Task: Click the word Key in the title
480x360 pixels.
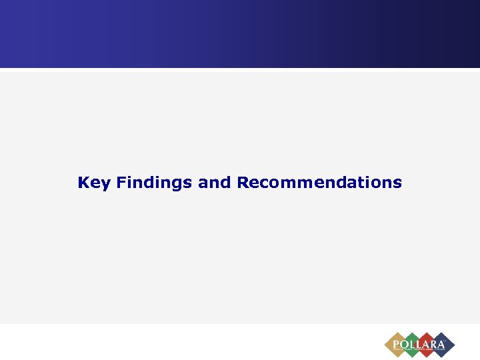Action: click(x=94, y=183)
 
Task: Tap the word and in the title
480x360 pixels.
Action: click(x=214, y=182)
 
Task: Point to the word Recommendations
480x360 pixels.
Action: click(x=319, y=182)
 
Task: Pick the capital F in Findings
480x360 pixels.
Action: click(x=121, y=182)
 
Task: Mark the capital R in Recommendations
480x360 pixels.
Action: click(x=243, y=182)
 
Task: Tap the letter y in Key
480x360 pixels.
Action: click(x=105, y=185)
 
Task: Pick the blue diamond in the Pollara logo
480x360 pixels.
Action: click(x=443, y=345)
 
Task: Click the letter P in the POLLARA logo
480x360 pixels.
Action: click(x=396, y=344)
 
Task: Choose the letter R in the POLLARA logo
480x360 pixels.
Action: click(x=435, y=344)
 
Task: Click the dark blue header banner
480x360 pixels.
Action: click(x=240, y=33)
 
